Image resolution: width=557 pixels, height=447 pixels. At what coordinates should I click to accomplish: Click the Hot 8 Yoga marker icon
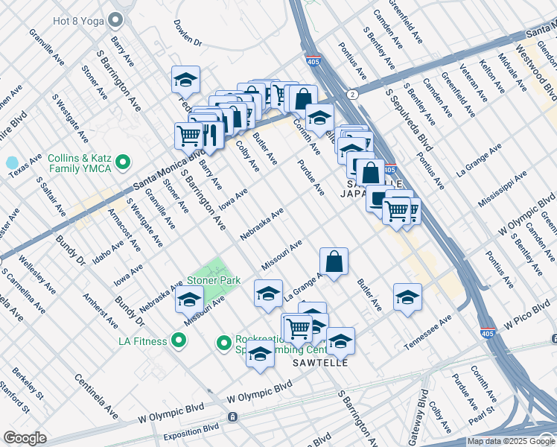click(115, 19)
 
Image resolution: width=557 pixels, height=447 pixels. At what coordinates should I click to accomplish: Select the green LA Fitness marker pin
click(178, 342)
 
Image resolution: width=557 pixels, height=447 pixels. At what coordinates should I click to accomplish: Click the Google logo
click(25, 438)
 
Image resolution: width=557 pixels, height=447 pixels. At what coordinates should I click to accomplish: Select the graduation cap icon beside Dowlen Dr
click(186, 80)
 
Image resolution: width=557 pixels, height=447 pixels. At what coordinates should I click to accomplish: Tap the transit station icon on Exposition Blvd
click(233, 417)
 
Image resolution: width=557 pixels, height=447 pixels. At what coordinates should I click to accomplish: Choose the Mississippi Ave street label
click(503, 190)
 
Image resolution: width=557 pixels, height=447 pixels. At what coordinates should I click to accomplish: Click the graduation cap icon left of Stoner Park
click(189, 300)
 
